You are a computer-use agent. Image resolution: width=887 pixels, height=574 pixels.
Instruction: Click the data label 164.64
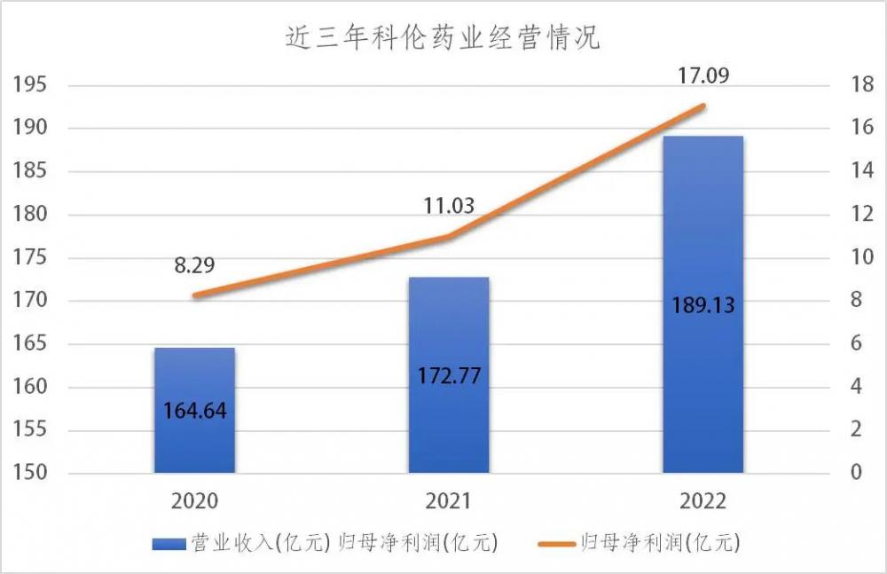pyautogui.click(x=194, y=411)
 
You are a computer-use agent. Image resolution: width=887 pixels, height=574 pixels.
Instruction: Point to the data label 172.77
pyautogui.click(x=449, y=375)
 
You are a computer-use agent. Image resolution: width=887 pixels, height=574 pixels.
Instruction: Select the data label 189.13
pyautogui.click(x=703, y=304)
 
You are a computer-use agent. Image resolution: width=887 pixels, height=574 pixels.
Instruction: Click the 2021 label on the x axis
pyautogui.click(x=449, y=501)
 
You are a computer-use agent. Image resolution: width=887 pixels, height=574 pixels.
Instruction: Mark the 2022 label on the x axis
pyautogui.click(x=703, y=501)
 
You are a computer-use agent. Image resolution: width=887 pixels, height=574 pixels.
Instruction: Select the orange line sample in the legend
pyautogui.click(x=556, y=542)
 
